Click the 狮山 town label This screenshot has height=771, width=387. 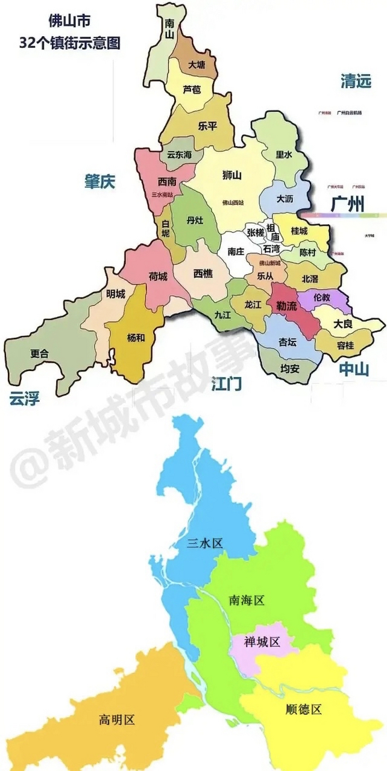[231, 176]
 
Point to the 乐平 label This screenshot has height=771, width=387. [207, 126]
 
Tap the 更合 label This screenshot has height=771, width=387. [40, 354]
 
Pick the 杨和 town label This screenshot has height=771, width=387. [136, 337]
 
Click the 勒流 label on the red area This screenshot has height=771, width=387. [287, 306]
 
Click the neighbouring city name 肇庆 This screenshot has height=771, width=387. [99, 182]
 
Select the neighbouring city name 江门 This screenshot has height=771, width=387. [227, 384]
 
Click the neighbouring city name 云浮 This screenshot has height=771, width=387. [25, 398]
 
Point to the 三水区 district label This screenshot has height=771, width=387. [204, 543]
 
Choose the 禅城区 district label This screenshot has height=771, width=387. [262, 642]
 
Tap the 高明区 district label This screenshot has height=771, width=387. [116, 719]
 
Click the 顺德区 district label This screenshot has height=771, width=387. [303, 709]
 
